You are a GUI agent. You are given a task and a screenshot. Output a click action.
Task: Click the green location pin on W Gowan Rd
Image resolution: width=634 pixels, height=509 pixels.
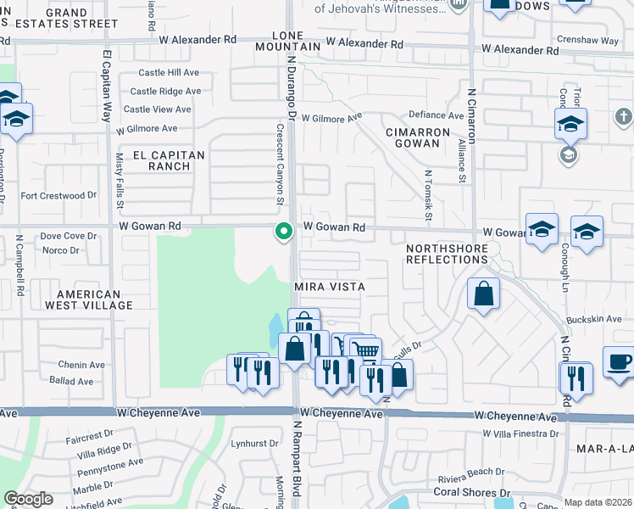point(284,230)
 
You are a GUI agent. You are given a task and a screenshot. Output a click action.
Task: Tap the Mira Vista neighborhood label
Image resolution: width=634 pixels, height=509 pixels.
point(329,288)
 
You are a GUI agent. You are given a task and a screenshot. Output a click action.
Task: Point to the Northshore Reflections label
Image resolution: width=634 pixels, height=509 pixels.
point(447,254)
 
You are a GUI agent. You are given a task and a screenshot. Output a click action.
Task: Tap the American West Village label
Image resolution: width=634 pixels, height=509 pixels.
point(89,299)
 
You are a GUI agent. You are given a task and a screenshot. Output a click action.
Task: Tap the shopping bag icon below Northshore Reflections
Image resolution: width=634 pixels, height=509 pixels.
point(482,294)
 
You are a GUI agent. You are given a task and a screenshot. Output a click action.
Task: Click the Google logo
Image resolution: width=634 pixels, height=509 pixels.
point(28,499)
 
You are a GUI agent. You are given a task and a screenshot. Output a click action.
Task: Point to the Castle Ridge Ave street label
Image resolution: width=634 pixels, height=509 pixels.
point(165,92)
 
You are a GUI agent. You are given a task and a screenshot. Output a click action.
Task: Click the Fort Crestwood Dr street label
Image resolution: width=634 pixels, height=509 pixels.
point(59,196)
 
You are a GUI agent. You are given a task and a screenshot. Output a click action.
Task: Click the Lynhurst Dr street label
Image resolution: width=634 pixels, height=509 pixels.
point(255,444)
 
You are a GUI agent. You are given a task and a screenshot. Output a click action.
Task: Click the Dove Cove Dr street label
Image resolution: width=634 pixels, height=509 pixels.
point(69,237)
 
